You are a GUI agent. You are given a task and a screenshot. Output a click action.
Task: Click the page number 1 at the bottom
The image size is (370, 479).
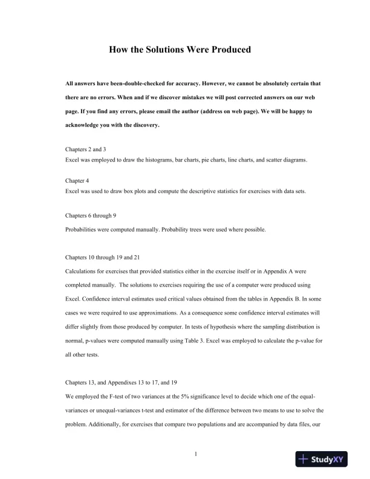click(x=196, y=453)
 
